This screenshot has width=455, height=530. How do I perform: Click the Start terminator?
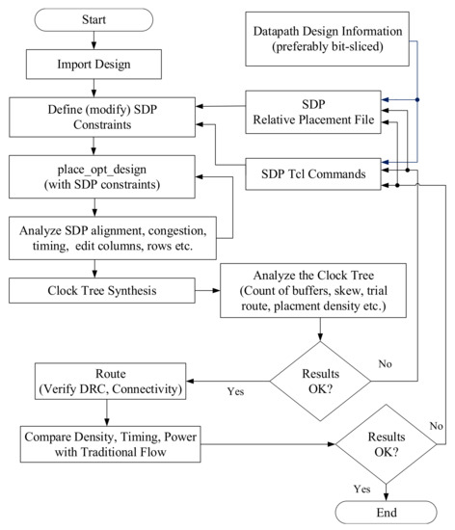pos(94,20)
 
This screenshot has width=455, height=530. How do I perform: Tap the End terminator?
pos(386,513)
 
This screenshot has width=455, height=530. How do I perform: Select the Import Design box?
pos(94,65)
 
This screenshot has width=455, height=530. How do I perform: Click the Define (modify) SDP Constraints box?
pos(102,118)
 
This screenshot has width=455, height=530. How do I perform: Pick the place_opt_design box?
pos(102,176)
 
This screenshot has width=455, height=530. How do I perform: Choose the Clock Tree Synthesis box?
pos(102,291)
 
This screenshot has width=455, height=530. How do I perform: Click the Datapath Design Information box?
pos(327,39)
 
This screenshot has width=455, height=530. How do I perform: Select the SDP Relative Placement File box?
pos(313,112)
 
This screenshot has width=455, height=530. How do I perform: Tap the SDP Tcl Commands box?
pos(313,174)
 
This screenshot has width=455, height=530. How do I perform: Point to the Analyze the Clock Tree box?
pos(313,291)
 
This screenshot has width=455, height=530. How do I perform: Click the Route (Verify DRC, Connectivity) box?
pos(111,382)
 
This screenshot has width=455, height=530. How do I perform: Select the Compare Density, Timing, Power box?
pos(111,444)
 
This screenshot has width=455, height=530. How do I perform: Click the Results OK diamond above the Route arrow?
pos(320,382)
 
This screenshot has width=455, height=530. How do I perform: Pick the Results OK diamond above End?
pos(386,444)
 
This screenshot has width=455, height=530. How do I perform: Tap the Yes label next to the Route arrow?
pos(235,391)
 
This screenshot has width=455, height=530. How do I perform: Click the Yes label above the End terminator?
pos(362,490)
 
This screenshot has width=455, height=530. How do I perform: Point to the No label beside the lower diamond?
pos(436,426)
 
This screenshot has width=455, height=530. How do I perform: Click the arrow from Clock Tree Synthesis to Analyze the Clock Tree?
pos(207,291)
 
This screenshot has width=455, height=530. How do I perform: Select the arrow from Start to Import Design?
pos(94,40)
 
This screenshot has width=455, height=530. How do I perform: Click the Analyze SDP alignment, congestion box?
pos(113,238)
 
